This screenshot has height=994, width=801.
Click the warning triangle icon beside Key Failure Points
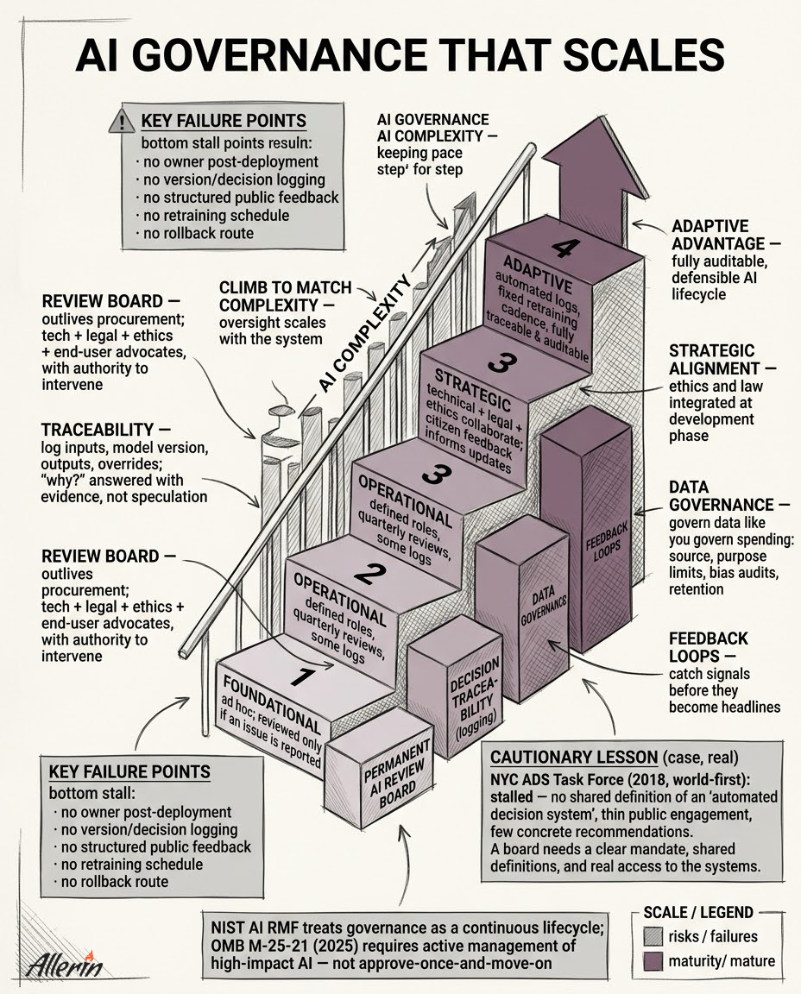[x=121, y=121]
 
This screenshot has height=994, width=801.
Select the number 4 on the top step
[x=562, y=248]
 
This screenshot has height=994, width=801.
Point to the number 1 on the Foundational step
[x=302, y=676]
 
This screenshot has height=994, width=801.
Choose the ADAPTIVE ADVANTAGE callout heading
[x=726, y=236]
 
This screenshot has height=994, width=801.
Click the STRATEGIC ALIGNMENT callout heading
[x=722, y=360]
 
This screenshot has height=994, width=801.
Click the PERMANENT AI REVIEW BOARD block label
[x=398, y=776]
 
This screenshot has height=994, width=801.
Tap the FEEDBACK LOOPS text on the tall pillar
[x=607, y=541]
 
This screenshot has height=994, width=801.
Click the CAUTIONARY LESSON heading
[x=574, y=757]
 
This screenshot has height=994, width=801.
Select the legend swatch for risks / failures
[x=653, y=936]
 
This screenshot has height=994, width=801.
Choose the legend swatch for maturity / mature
[x=653, y=961]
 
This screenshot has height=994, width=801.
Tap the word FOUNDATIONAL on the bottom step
[x=272, y=704]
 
